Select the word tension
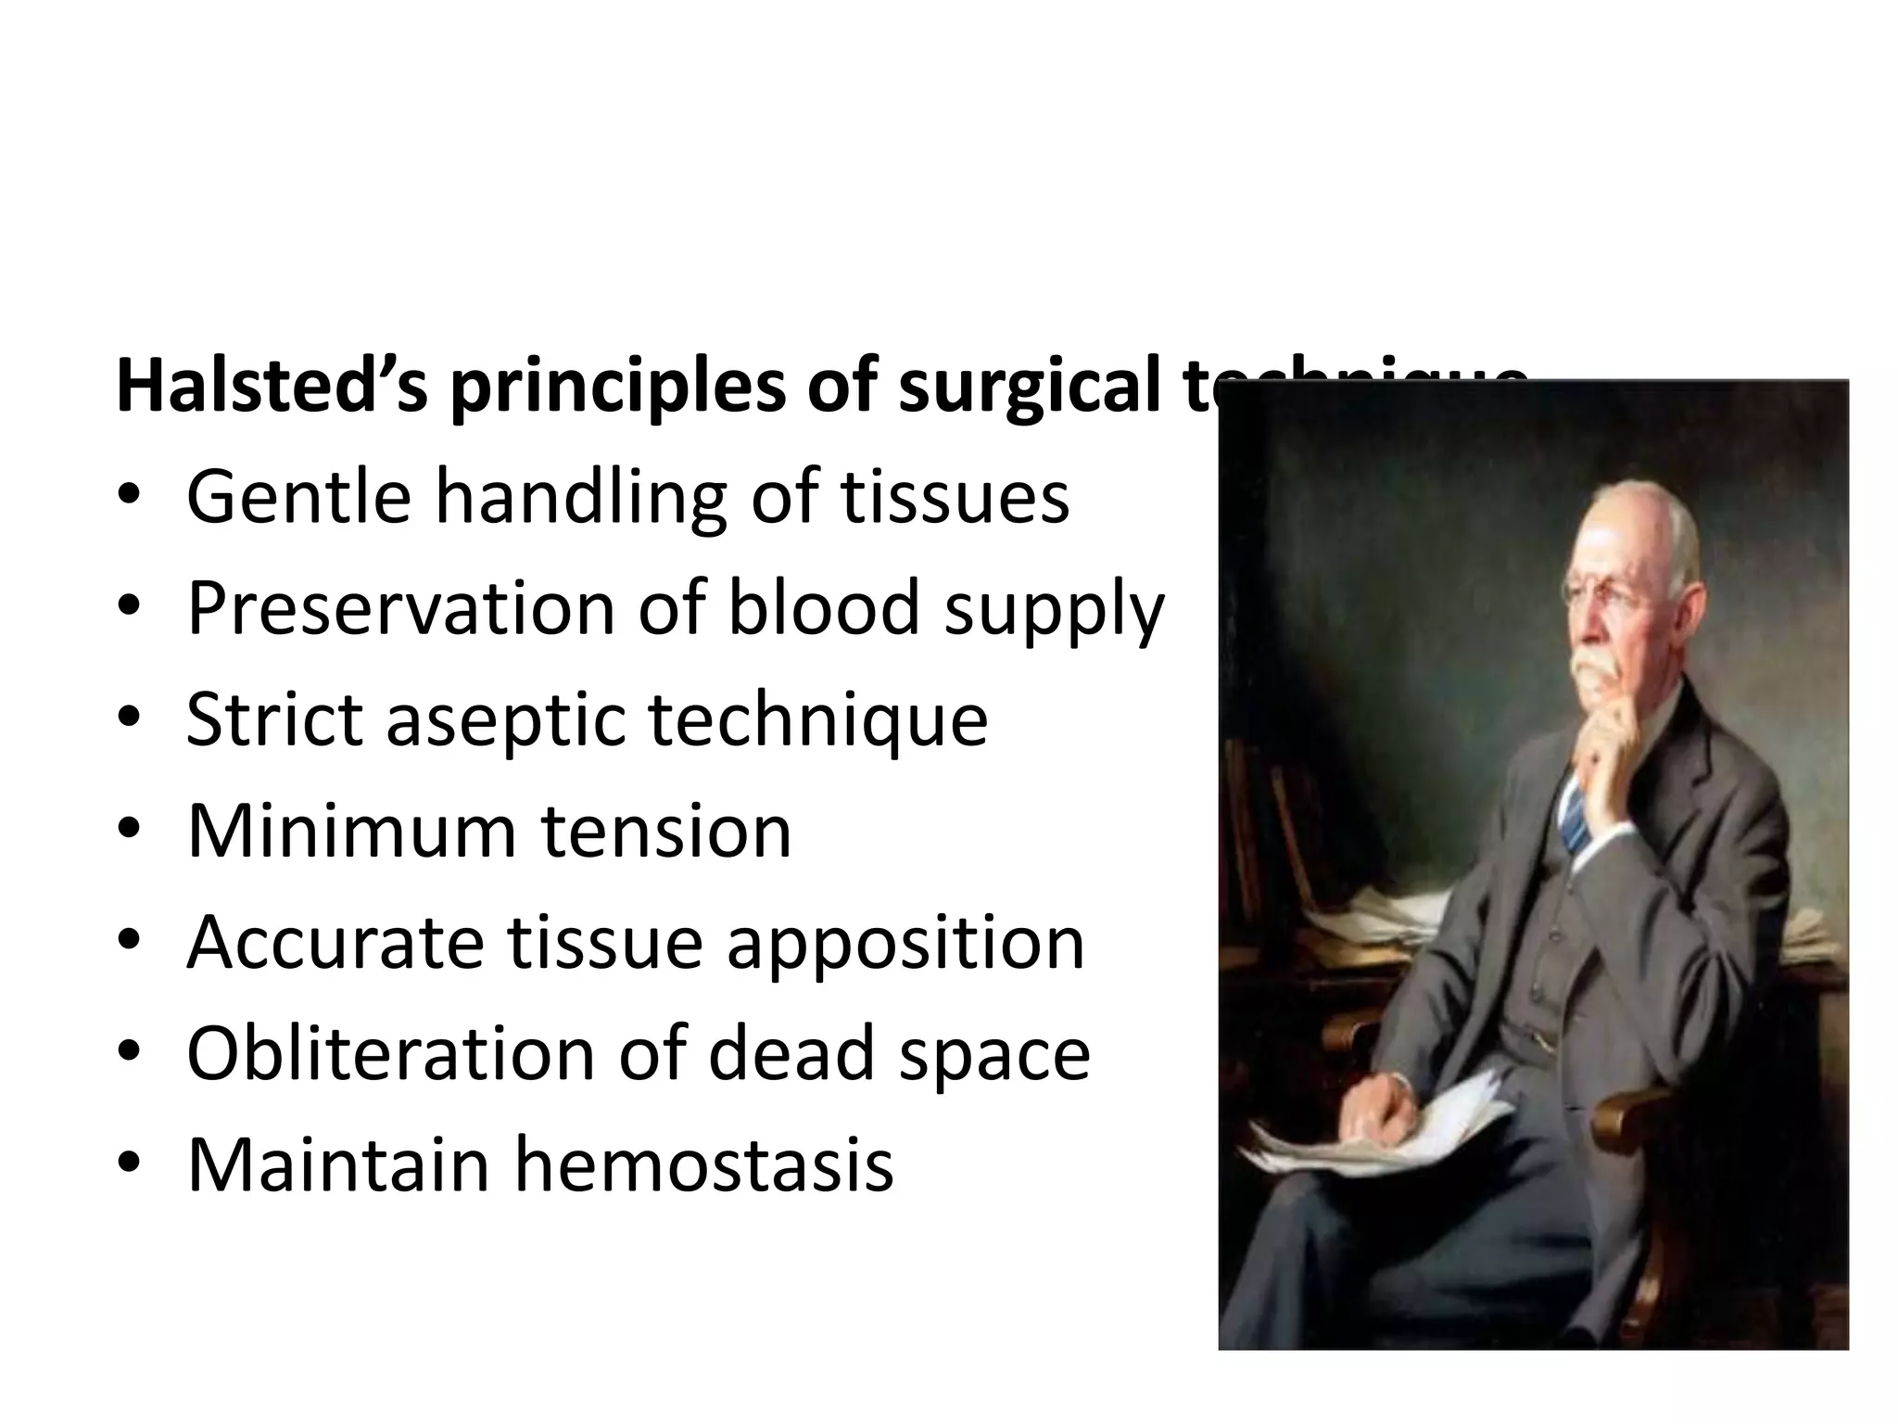coord(666,831)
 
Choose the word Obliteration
coord(390,1053)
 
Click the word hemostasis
coord(703,1164)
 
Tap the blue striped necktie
coord(1575,816)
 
